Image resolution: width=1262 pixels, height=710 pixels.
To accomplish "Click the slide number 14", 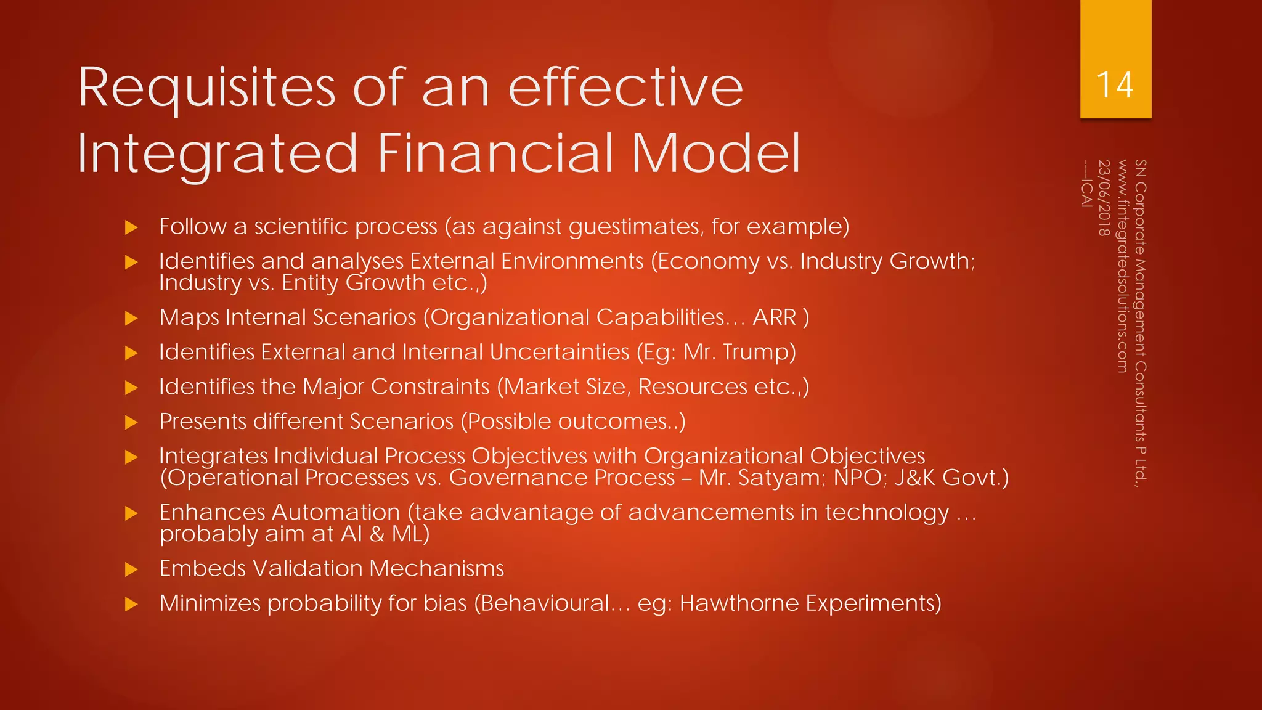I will click(1115, 85).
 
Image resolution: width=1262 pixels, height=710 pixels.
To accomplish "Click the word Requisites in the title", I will click(206, 88).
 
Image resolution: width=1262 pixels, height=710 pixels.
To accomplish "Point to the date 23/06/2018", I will click(1104, 198).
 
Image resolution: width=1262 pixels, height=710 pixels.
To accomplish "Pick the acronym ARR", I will click(775, 317).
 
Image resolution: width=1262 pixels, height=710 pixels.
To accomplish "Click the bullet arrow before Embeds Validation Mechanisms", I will click(131, 569).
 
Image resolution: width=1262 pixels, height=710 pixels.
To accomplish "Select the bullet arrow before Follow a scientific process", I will click(131, 227).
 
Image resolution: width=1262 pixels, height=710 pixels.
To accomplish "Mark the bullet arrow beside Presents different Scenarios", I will click(131, 423).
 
